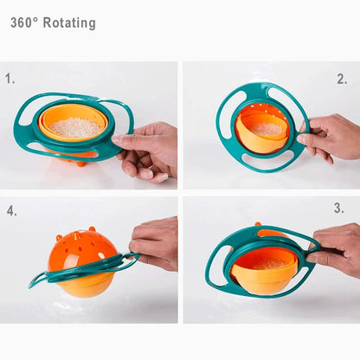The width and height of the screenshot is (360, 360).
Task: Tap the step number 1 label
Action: coord(10,78)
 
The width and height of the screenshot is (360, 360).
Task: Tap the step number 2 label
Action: coord(342,79)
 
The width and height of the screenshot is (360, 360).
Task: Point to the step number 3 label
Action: coord(339,209)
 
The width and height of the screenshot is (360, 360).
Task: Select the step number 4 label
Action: coord(12,210)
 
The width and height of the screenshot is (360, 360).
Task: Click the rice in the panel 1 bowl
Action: coord(75,127)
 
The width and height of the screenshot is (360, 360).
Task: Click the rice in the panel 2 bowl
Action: coord(265,128)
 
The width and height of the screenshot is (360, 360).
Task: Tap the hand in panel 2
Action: coord(332,137)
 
